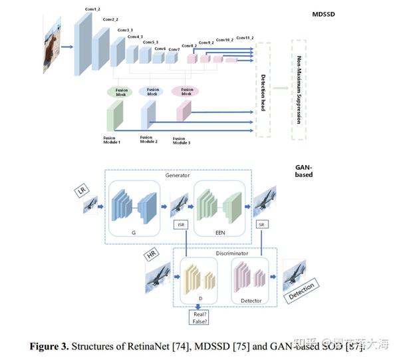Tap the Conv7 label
[174, 49]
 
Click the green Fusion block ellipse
[120, 92]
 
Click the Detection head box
[263, 89]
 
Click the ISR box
[181, 225]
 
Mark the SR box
[261, 225]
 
